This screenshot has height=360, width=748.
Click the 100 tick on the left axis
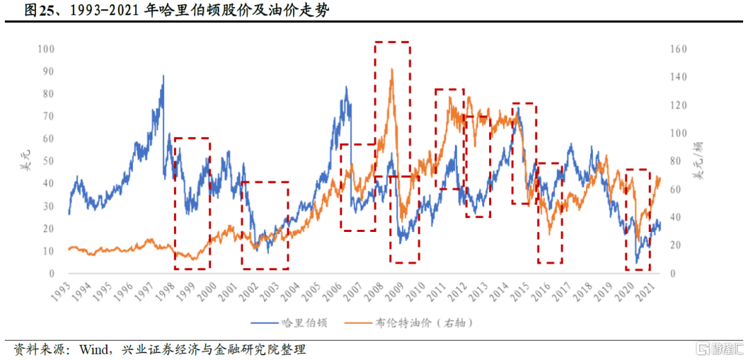tap(45, 49)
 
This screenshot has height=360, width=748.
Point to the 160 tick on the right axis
tap(678, 49)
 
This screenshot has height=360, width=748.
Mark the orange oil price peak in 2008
tap(392, 69)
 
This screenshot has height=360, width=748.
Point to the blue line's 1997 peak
tap(163, 75)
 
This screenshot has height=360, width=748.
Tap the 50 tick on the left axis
tap(48, 161)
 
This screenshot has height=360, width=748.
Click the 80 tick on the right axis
tap(676, 161)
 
